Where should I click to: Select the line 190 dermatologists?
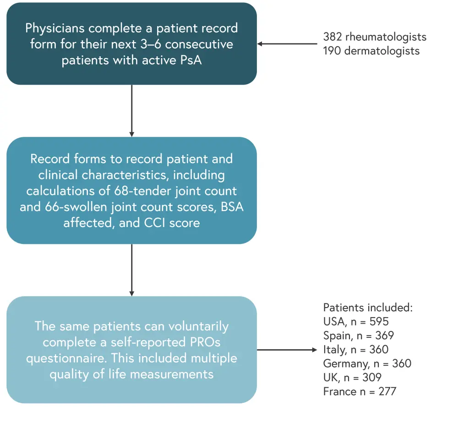[371, 50]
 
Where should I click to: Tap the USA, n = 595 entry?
[356, 321]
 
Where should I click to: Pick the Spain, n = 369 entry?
[358, 336]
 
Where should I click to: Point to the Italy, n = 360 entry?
[355, 350]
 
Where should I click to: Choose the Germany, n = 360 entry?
[367, 364]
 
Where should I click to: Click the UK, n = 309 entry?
[352, 378]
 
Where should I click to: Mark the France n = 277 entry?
[360, 392]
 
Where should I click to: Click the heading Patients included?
[368, 308]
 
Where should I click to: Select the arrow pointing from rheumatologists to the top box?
[287, 44]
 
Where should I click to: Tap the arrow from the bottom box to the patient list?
[287, 350]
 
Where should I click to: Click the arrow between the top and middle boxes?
[132, 110]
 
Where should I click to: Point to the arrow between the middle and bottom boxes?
[132, 270]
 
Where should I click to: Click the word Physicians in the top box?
[55, 28]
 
